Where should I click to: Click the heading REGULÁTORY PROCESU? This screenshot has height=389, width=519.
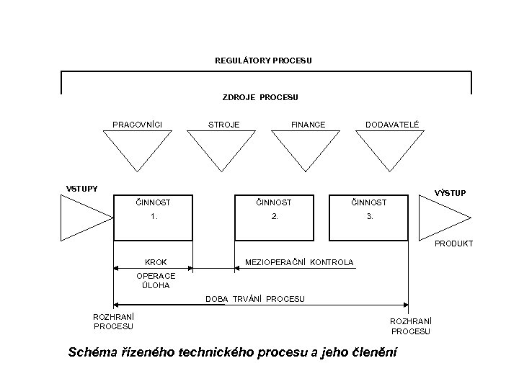(x=263, y=61)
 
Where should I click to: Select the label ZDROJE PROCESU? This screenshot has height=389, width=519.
(x=259, y=97)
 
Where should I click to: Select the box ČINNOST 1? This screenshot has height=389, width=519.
(x=153, y=216)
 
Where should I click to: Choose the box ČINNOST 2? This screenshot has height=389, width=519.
(x=273, y=216)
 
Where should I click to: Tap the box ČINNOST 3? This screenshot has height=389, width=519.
(x=368, y=216)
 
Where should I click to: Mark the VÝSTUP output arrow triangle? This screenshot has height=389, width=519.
(x=443, y=218)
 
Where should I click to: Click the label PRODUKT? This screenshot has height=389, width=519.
(x=453, y=243)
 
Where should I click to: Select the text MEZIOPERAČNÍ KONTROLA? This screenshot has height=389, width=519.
(x=299, y=262)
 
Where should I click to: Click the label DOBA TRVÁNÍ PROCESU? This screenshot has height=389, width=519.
(x=254, y=299)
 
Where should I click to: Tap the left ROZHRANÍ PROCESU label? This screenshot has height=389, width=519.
(x=113, y=321)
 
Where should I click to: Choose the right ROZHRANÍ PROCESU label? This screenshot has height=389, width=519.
(x=410, y=326)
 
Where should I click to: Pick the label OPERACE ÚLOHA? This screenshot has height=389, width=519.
(x=156, y=280)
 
